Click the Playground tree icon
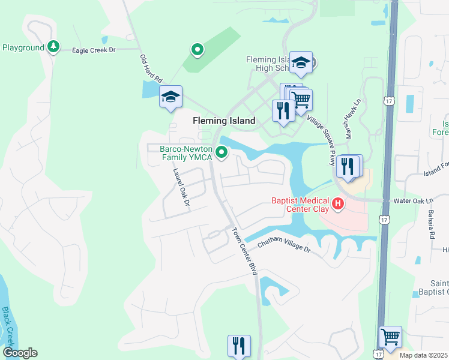coord(53,46)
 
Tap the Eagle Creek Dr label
coord(93,51)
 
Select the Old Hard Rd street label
coord(151,68)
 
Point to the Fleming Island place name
coord(223,121)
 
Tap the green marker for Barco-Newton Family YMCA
coord(221,152)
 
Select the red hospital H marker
coord(337,204)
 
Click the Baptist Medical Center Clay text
coord(300,205)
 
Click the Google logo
coord(20,353)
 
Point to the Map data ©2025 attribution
coord(423,355)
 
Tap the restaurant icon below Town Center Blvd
coord(239,345)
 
